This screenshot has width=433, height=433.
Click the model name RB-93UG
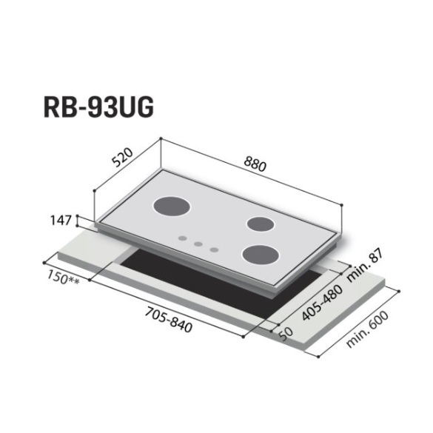tap(98, 108)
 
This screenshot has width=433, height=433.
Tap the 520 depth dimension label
tap(123, 158)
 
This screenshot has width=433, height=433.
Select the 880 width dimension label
tap(255, 165)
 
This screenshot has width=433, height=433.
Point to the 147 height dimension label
tap(61, 221)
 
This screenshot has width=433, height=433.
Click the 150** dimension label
tap(63, 278)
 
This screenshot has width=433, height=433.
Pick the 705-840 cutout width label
tap(169, 319)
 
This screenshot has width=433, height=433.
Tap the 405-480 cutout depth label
tap(323, 303)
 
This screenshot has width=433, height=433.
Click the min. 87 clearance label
tap(365, 265)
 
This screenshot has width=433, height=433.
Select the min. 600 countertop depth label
tap(367, 329)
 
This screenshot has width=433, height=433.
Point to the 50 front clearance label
tap(286, 334)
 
